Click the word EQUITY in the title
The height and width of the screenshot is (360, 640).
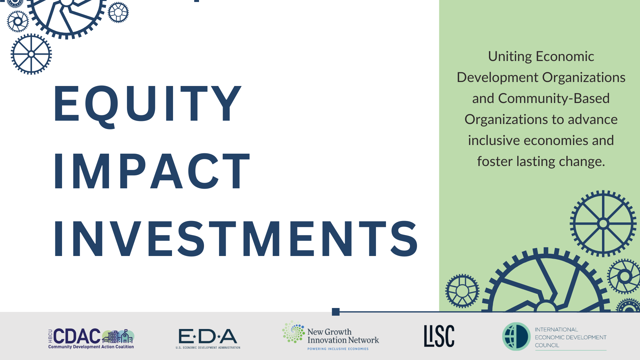coord(147,104)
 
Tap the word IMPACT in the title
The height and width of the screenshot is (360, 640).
coord(152,172)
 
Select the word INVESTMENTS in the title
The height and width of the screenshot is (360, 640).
coord(235,239)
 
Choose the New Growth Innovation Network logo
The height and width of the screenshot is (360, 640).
coord(331,336)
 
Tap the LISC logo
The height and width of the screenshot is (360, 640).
coord(439,336)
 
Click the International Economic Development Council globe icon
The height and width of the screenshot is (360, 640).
coord(516,336)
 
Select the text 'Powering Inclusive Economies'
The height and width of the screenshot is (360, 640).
coord(338,349)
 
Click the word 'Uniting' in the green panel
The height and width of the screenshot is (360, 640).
coord(510,56)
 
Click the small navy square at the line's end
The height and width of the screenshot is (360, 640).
coord(336,312)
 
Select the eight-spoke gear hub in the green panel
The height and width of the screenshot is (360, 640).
coord(603,223)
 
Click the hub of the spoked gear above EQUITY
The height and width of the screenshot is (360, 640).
coord(31,54)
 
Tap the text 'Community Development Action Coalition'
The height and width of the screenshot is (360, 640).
coord(91,347)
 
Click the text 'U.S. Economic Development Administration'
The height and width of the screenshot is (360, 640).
coord(208,348)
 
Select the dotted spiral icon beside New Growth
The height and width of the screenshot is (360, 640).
coord(293,332)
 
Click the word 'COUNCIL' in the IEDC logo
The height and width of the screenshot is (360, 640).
coord(547,345)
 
